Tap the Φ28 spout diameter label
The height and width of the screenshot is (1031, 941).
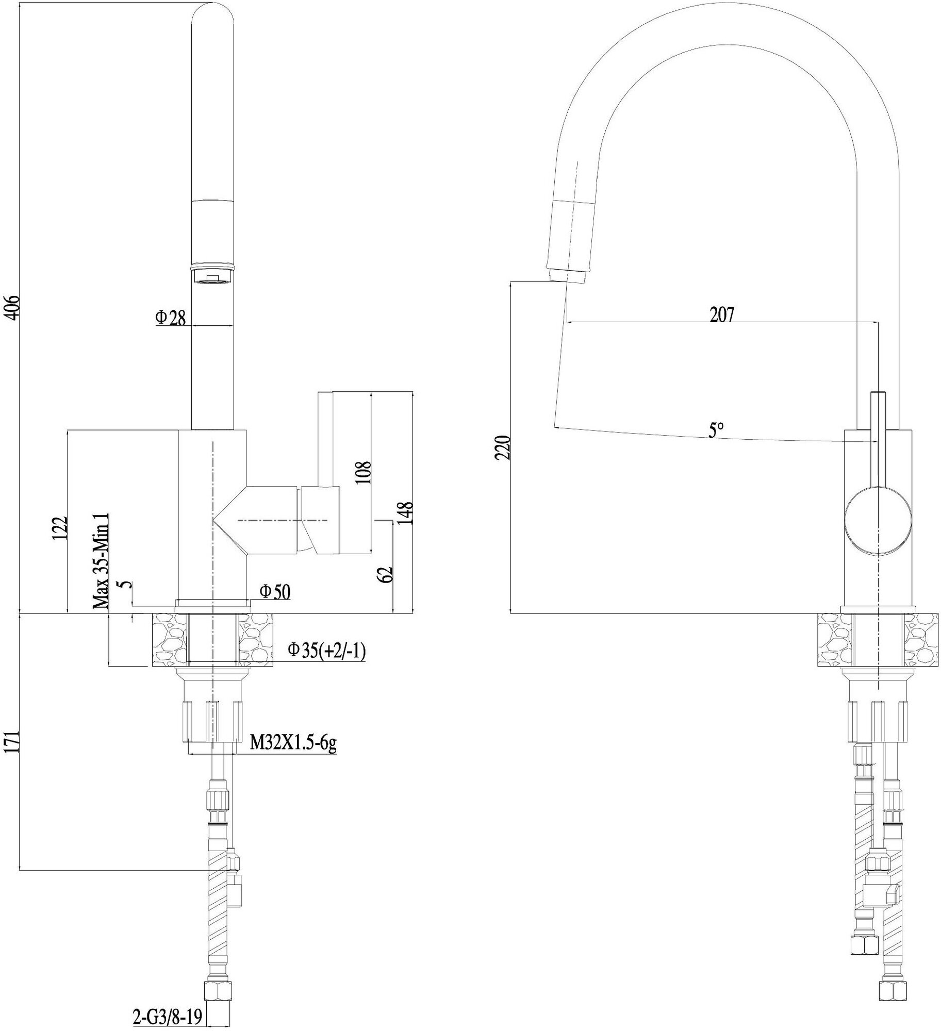tap(170, 318)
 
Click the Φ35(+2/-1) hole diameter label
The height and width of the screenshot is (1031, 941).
tap(326, 651)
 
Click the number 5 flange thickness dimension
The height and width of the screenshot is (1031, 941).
tap(124, 585)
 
